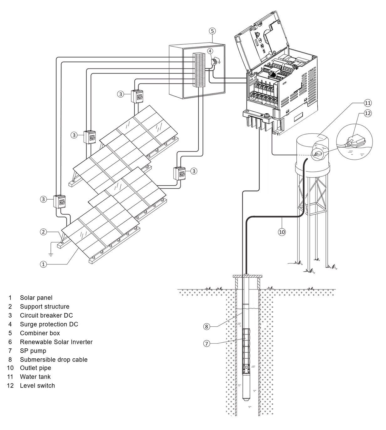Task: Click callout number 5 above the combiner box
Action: click(x=212, y=31)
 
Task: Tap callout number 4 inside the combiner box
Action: click(x=210, y=51)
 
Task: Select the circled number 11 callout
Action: click(x=368, y=103)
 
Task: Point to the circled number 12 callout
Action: click(x=368, y=113)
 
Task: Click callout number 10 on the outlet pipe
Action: click(x=282, y=232)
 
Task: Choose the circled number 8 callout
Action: click(x=206, y=326)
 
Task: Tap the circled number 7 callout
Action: click(x=206, y=343)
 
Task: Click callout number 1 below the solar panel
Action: click(x=43, y=264)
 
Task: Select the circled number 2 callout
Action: click(x=43, y=232)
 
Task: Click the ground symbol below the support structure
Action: click(x=51, y=254)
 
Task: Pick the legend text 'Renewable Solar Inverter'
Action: click(x=56, y=342)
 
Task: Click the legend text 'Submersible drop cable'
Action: click(x=54, y=360)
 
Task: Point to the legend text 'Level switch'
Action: click(x=37, y=386)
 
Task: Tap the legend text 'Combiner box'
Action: click(x=40, y=333)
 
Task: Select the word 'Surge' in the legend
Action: click(x=28, y=324)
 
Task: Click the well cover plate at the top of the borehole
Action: click(x=248, y=276)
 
